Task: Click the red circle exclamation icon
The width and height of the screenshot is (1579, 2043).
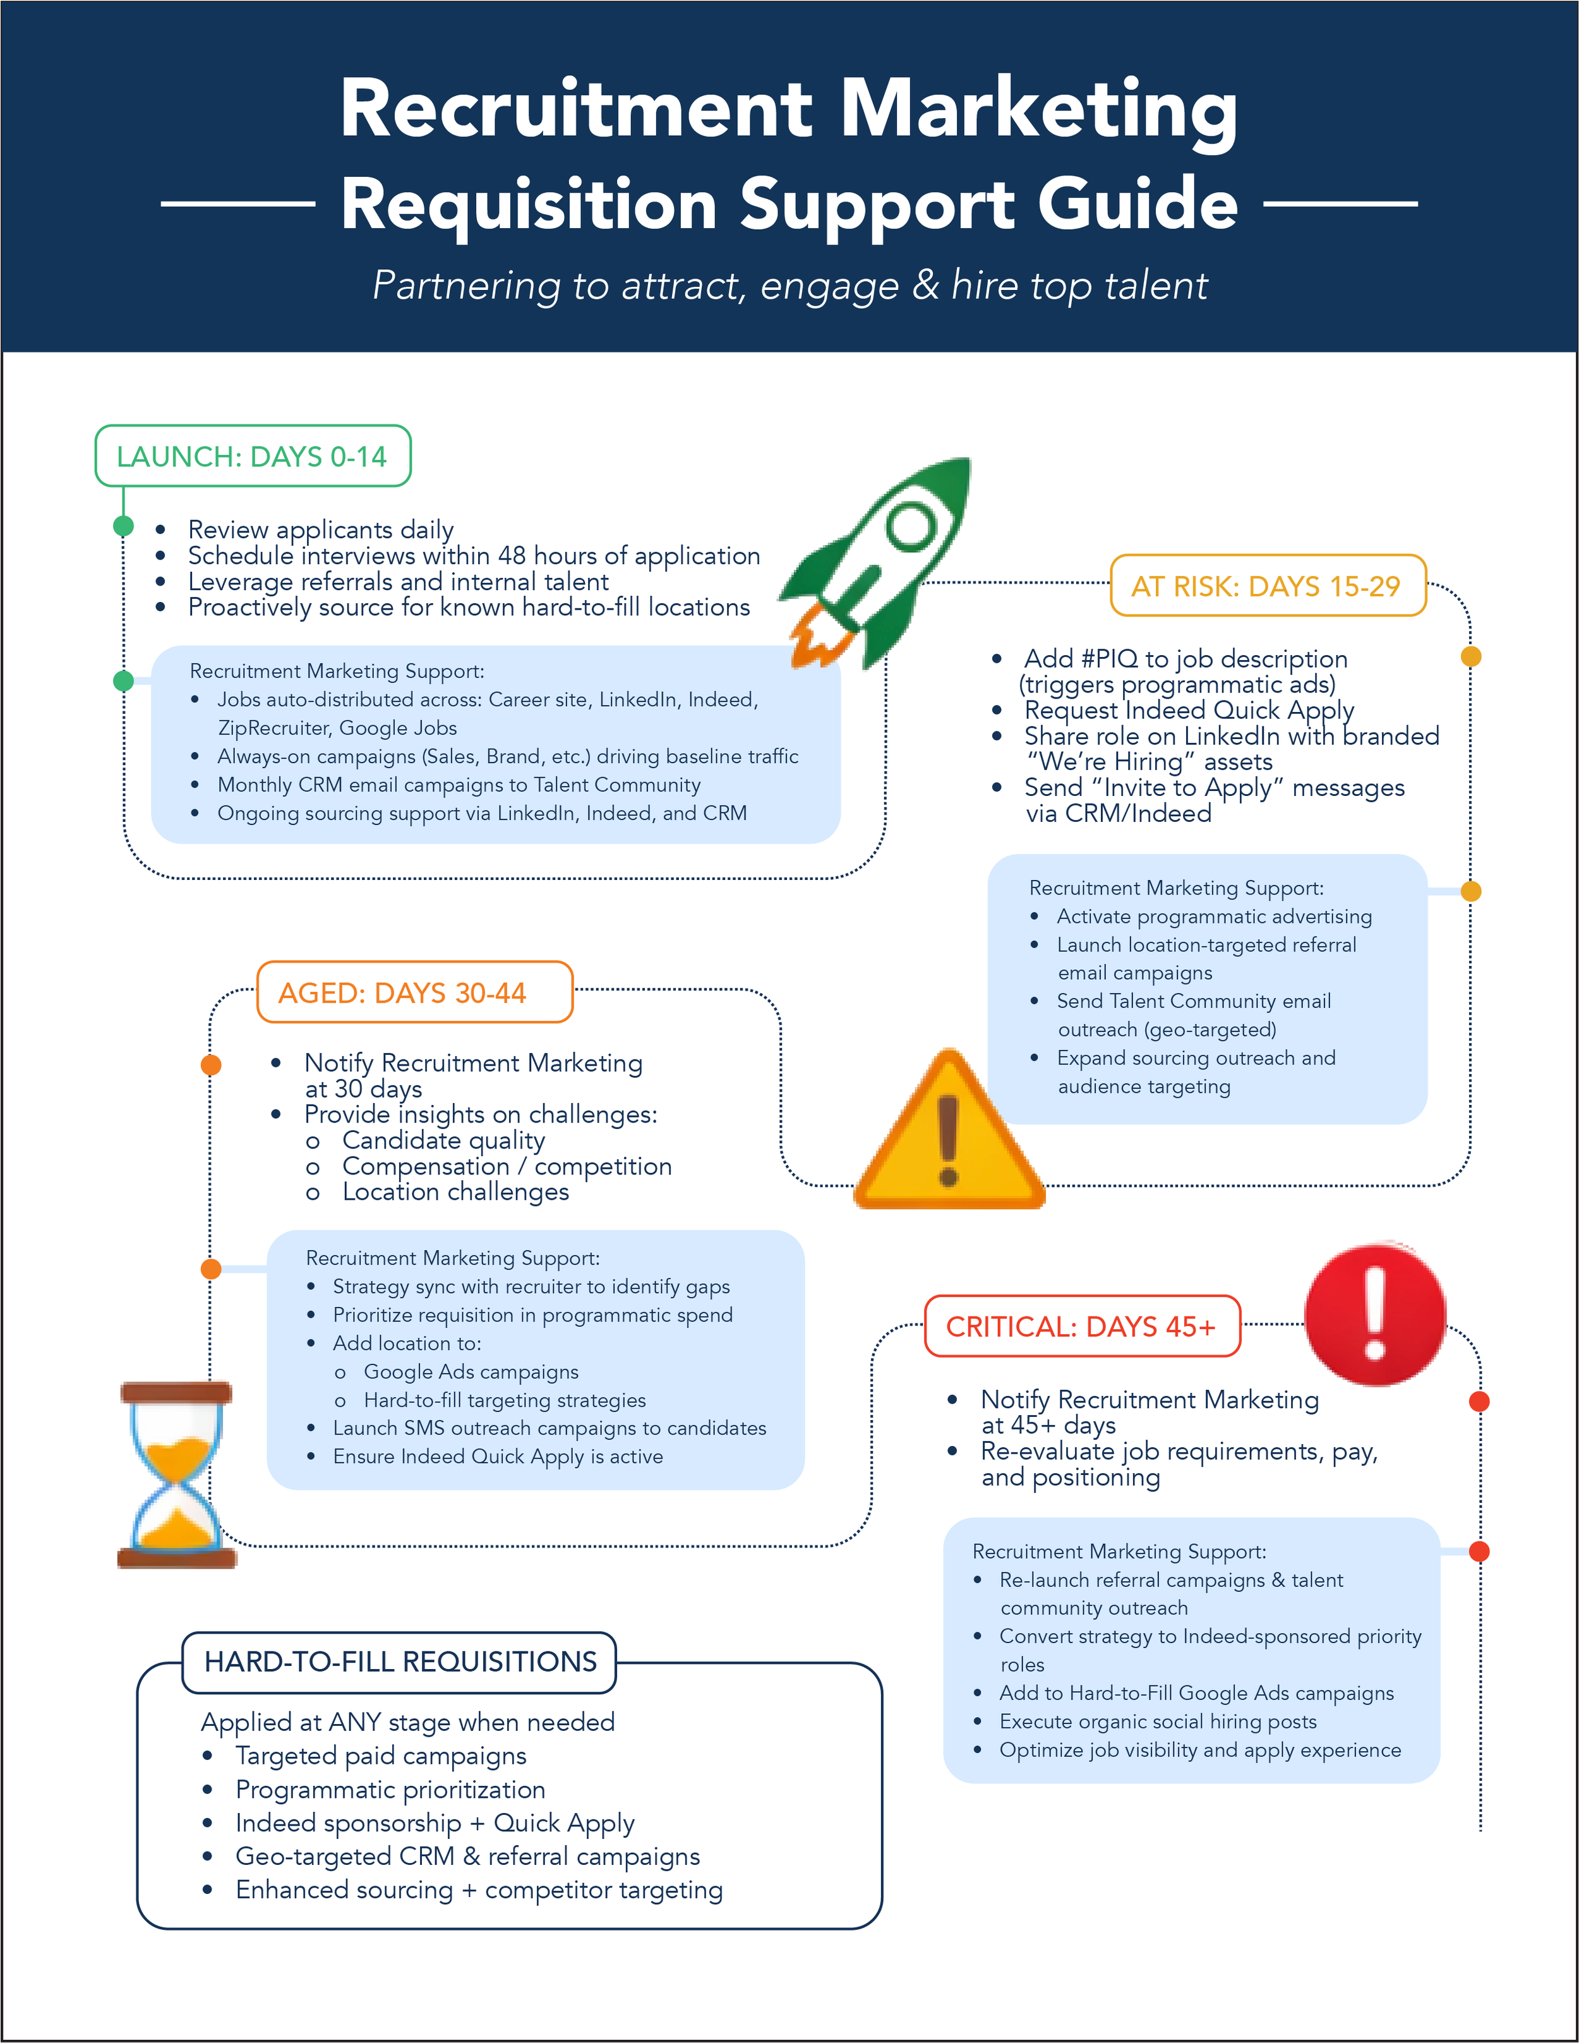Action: [1374, 1314]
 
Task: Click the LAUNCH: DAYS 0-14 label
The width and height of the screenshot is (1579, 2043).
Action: [251, 457]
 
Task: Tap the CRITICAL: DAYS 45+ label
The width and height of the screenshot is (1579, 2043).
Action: [1081, 1327]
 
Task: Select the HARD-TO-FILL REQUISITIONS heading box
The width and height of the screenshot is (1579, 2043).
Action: [400, 1661]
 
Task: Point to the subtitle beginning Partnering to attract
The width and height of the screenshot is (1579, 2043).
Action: [790, 286]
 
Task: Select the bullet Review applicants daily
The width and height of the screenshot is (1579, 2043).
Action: [321, 529]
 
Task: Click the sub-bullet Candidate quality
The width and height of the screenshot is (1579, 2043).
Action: [443, 1140]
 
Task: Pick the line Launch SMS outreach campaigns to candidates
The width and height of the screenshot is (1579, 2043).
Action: [549, 1428]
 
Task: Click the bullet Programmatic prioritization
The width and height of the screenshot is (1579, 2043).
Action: [390, 1790]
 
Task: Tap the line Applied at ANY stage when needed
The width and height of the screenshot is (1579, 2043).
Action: [408, 1722]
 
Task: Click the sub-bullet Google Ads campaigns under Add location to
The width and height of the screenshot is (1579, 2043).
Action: [471, 1371]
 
